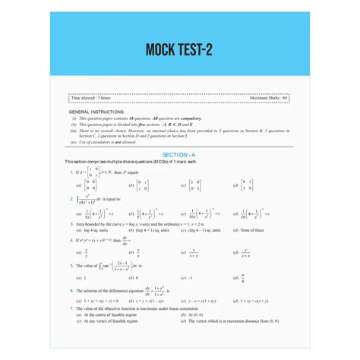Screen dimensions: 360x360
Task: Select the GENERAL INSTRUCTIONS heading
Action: (x=101, y=112)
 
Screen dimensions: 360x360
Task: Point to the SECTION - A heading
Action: (x=180, y=153)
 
